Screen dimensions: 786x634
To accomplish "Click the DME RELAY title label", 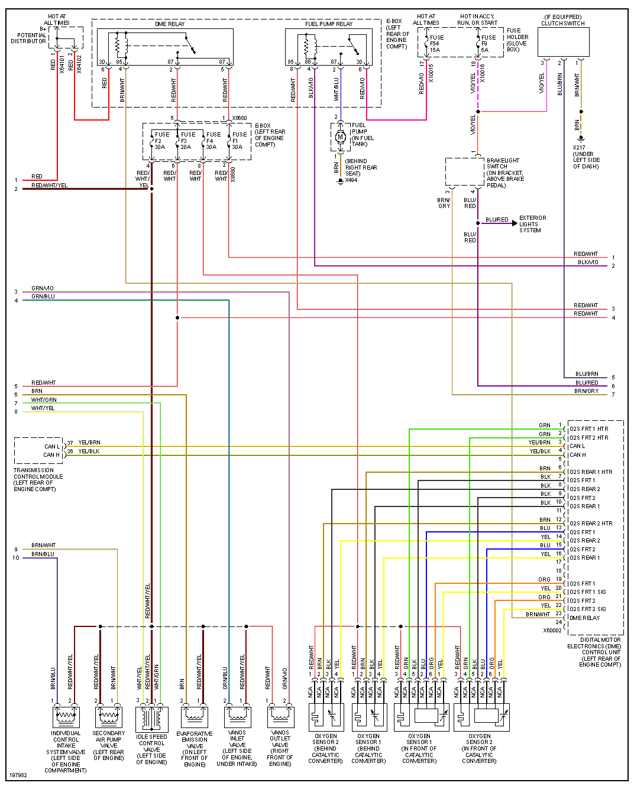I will (170, 24).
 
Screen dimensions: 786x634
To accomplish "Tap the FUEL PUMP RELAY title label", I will (329, 24).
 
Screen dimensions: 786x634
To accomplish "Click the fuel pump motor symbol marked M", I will (340, 137).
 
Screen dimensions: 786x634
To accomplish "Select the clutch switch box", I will (563, 43).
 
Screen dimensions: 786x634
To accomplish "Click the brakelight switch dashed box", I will (465, 172).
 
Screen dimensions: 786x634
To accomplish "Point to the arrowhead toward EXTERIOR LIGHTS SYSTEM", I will (514, 223).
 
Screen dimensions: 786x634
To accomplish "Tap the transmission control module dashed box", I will (38, 451).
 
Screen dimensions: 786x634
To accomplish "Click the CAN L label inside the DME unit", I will (577, 446).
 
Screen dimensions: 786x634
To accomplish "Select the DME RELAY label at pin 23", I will (584, 618).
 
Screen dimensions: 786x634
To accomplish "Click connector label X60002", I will (552, 631).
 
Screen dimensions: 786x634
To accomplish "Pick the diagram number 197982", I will (18, 775).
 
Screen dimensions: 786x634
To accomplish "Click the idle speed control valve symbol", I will (152, 718).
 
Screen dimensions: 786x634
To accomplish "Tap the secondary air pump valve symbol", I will (109, 717).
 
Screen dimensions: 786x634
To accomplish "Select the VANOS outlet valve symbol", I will (280, 717).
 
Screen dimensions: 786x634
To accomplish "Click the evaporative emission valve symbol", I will (195, 717).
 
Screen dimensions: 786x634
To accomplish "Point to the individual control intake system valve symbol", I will (66, 717).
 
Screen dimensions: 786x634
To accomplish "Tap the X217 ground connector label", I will (579, 148).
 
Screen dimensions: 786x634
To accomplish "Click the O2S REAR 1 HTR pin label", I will (590, 472).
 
